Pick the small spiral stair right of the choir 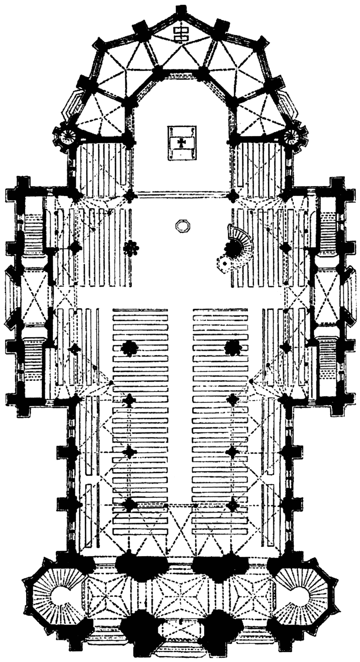coord(296,136)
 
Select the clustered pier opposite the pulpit coord(131,249)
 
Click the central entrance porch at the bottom coord(181,631)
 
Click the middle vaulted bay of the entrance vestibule coord(181,596)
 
